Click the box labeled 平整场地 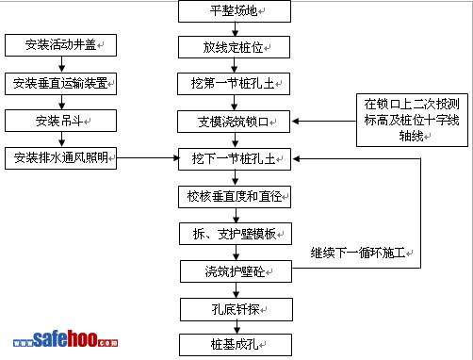[235, 11]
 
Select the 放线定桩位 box [234, 47]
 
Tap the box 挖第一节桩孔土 [234, 84]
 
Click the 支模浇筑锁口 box [234, 122]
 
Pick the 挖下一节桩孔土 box [235, 159]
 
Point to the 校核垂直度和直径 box [235, 197]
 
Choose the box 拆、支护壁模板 [236, 234]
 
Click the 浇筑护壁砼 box [236, 271]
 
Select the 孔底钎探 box [236, 310]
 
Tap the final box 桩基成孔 [236, 345]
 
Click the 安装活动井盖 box [60, 45]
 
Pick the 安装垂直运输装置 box [60, 84]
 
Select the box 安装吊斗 [60, 121]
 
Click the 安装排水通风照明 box [60, 158]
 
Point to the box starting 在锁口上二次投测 [412, 120]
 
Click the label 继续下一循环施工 [362, 253]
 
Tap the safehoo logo [65, 338]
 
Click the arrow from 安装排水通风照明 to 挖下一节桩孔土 [148, 157]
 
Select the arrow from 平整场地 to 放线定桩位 [235, 29]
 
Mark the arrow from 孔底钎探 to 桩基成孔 [236, 327]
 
